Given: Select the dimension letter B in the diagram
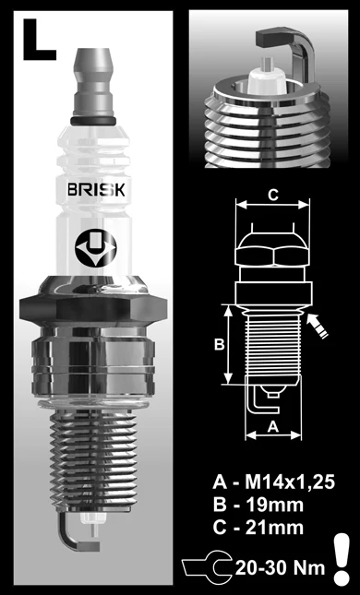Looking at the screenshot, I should pos(219,344).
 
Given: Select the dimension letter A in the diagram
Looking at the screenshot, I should pos(272,425).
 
